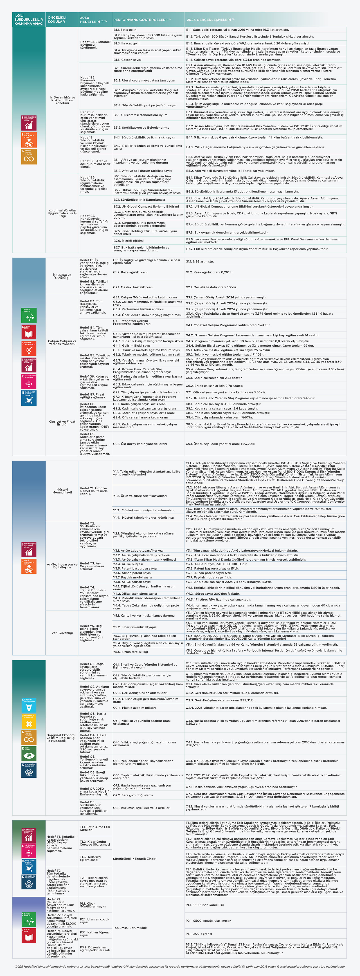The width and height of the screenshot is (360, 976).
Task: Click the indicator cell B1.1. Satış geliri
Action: (x=125, y=29)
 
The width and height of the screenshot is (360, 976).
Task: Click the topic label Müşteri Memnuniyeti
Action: (x=62, y=491)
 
